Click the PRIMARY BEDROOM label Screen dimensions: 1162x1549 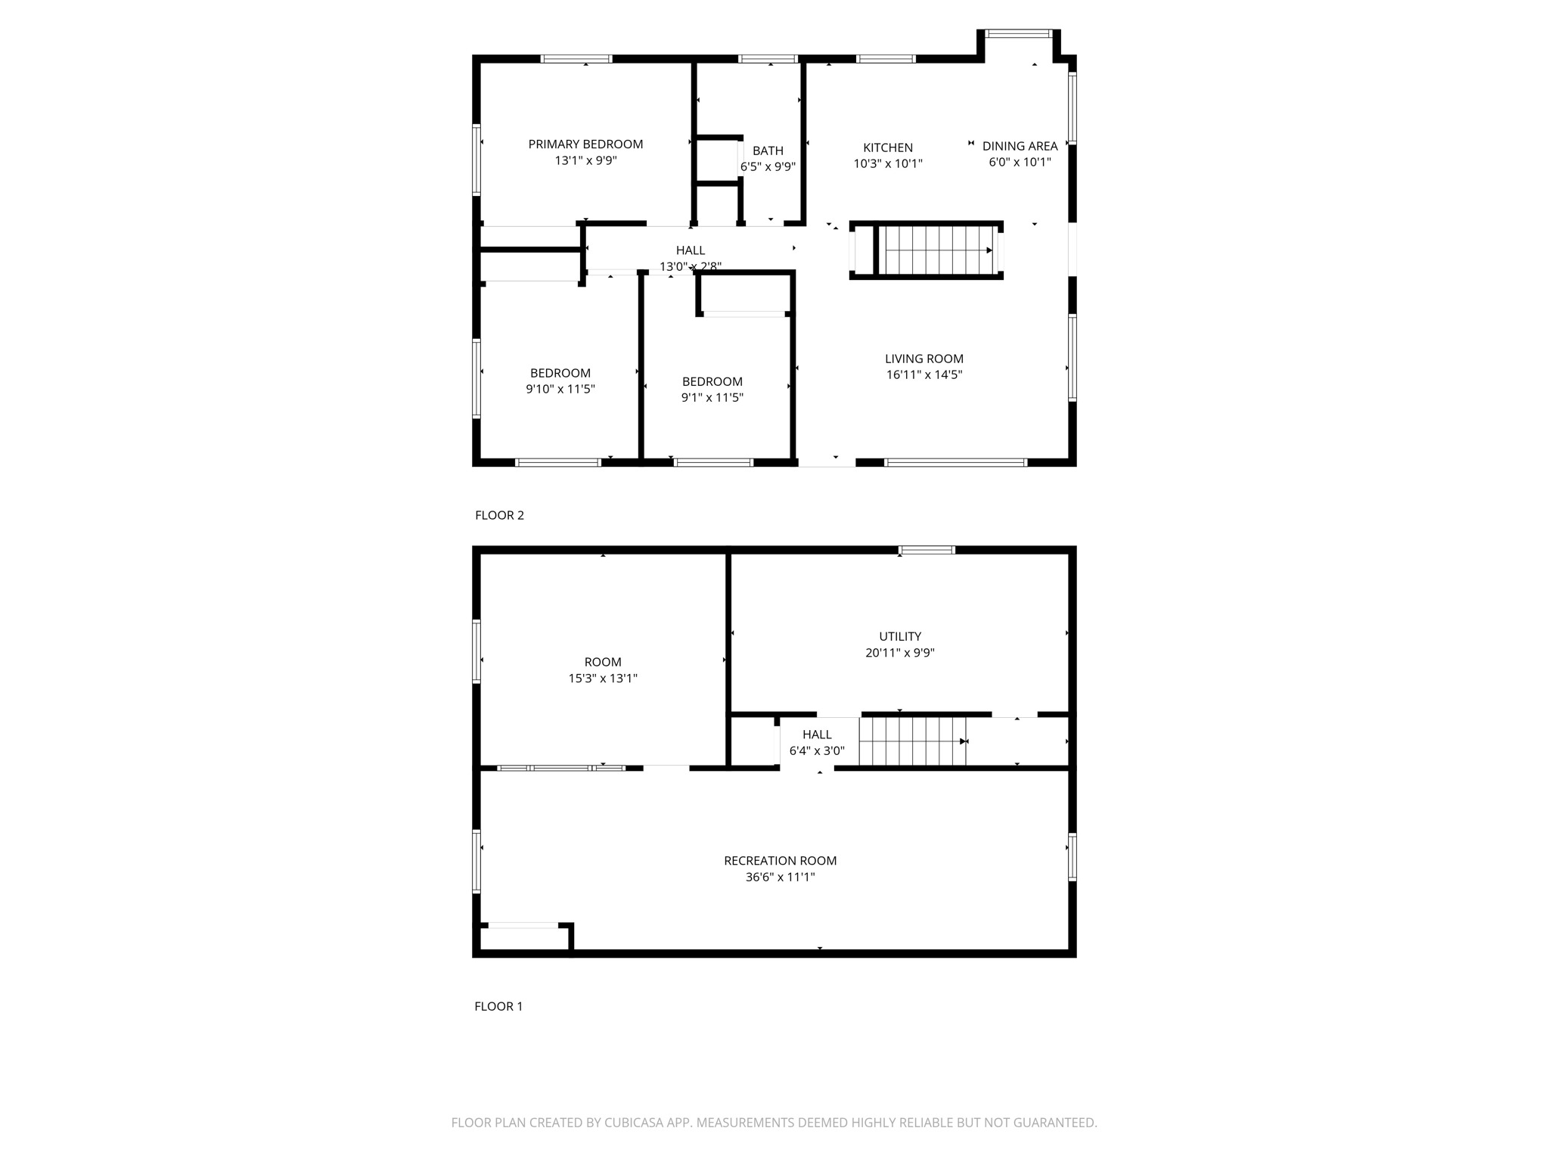(585, 144)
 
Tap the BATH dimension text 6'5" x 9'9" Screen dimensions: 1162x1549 (768, 167)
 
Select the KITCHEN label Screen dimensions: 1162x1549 (888, 148)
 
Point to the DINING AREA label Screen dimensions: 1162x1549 (1020, 146)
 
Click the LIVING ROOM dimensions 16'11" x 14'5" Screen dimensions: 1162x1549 (924, 374)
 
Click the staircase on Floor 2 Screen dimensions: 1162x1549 (938, 250)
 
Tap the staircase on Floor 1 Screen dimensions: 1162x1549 (912, 741)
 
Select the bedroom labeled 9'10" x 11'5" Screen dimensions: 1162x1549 (560, 381)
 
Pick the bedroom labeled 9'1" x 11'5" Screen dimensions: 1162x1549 (712, 389)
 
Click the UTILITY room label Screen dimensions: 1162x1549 (900, 636)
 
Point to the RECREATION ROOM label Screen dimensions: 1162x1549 (780, 860)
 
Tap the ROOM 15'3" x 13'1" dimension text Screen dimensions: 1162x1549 (603, 679)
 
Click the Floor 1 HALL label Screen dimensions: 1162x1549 (817, 735)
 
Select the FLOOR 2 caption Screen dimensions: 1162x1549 (499, 515)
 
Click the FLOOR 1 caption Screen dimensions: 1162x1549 (498, 1006)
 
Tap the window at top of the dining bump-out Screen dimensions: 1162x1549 (1019, 33)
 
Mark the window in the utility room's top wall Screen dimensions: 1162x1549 (927, 550)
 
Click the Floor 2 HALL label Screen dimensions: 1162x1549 (690, 250)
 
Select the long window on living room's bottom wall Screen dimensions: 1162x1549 (955, 462)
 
